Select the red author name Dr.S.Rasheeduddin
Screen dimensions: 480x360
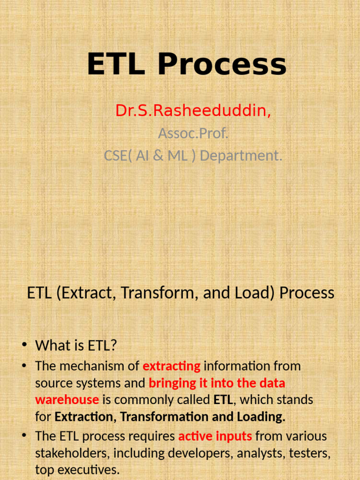click(193, 111)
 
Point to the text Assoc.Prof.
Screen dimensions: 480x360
click(193, 134)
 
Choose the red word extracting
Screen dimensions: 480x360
click(172, 366)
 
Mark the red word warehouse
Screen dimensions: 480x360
click(67, 400)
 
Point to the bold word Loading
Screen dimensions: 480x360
click(262, 417)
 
